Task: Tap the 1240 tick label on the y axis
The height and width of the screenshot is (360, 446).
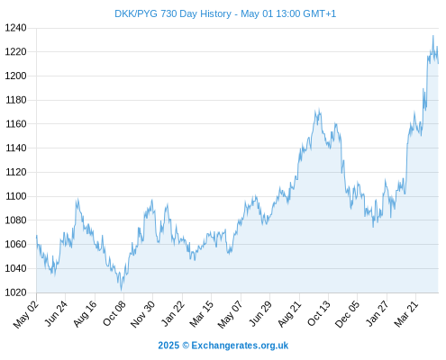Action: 16,28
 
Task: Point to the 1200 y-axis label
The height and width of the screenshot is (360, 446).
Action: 16,76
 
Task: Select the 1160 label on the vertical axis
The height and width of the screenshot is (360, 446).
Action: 16,124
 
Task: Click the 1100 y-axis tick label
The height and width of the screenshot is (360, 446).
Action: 16,196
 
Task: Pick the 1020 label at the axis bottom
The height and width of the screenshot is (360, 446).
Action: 16,292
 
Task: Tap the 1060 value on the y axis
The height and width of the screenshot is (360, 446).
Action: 16,245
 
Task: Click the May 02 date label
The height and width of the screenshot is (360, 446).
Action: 26,314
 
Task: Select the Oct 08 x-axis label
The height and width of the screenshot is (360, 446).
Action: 114,313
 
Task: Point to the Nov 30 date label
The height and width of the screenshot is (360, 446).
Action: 143,314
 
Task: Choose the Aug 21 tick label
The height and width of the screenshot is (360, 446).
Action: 289,313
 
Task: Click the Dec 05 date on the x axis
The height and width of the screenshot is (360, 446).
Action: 348,314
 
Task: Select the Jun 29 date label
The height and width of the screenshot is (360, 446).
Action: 260,313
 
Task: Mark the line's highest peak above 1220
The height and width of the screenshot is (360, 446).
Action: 433,36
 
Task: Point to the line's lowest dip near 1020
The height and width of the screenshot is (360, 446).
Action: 122,290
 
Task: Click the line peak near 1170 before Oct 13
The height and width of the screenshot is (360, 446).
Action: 319,109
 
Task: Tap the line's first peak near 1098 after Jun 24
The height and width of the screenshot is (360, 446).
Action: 77,199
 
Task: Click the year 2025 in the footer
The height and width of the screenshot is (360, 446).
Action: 168,346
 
